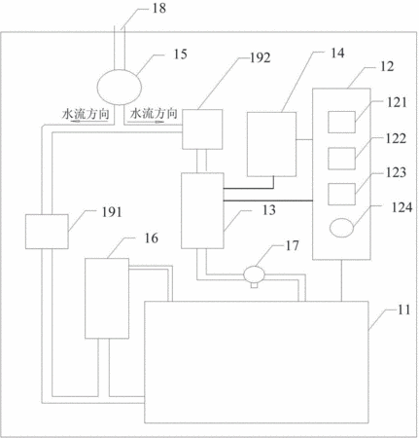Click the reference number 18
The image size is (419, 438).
(159, 8)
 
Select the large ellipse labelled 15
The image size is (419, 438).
(120, 87)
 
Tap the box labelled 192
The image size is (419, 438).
(202, 129)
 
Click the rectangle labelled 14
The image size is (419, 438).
(271, 144)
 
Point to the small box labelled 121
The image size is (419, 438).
(341, 122)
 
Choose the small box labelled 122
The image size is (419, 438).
(341, 159)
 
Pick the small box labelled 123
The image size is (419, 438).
(341, 194)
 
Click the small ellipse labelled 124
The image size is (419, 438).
(341, 228)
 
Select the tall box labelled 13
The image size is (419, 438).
(202, 210)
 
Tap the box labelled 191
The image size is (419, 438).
(47, 232)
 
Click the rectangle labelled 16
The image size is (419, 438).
(107, 299)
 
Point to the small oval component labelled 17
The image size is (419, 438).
(255, 274)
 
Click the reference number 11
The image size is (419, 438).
(403, 310)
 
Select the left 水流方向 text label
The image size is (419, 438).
(86, 114)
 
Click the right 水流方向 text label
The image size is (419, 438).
(154, 113)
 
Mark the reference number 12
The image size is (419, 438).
(387, 66)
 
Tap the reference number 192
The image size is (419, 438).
(261, 58)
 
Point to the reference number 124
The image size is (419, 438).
(402, 207)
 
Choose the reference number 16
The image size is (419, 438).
(151, 238)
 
